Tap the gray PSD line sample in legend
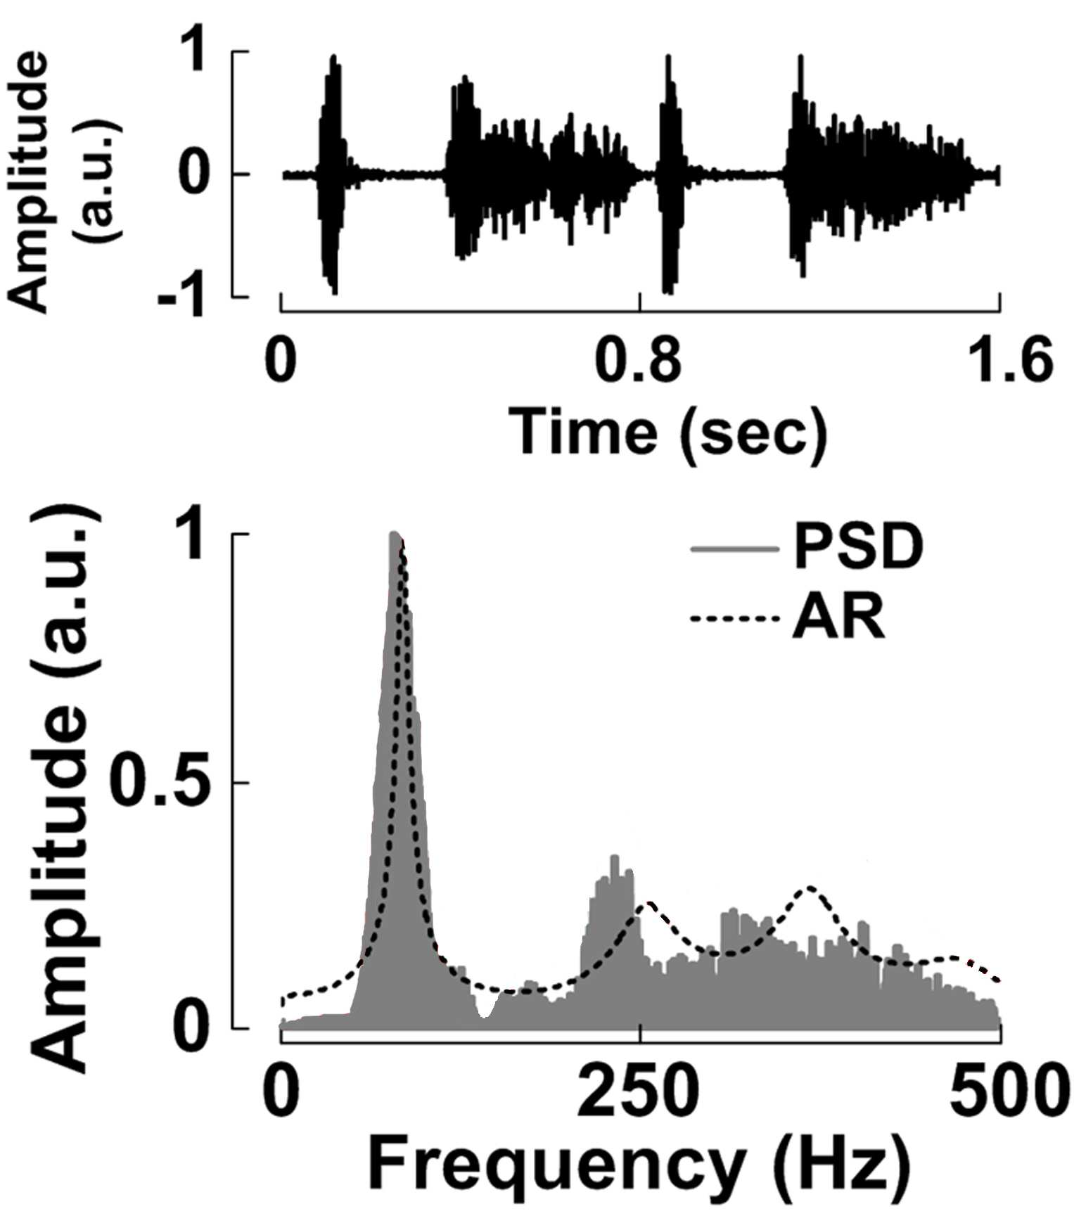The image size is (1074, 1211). pyautogui.click(x=736, y=549)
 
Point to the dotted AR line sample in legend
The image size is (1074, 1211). pyautogui.click(x=736, y=619)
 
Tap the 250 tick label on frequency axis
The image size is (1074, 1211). pyautogui.click(x=638, y=1094)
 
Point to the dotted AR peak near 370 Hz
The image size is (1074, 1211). pyautogui.click(x=810, y=888)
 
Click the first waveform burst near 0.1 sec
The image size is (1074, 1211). pyautogui.click(x=331, y=174)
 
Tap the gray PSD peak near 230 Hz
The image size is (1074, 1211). pyautogui.click(x=614, y=858)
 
